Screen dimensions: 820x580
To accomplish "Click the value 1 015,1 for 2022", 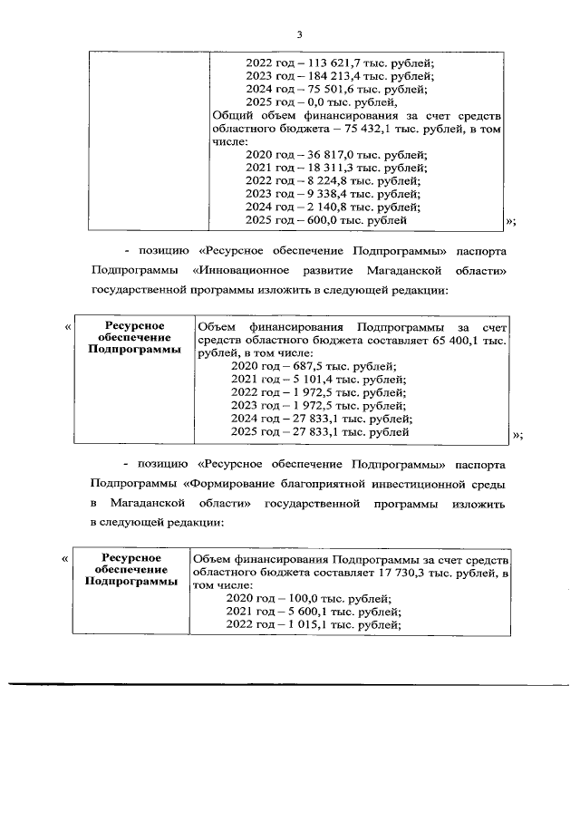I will pyautogui.click(x=308, y=624).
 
